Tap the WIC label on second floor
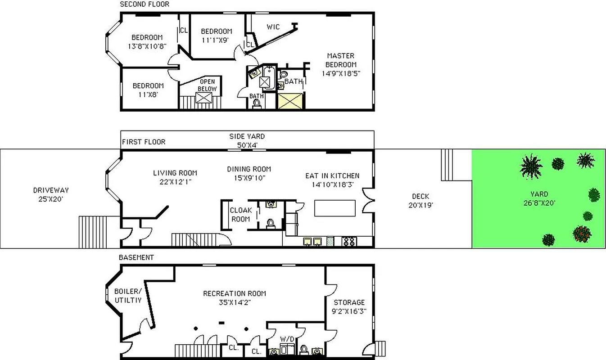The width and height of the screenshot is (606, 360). [273, 27]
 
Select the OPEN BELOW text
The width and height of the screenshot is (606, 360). [208, 85]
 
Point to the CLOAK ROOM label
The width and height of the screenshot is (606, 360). [240, 215]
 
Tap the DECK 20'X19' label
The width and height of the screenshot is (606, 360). [421, 200]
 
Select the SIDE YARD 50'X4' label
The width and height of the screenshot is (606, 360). [247, 140]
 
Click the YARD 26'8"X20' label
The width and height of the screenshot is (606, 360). [539, 198]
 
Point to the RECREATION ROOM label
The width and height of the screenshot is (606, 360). [234, 297]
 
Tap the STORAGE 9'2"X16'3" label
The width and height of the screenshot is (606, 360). [349, 306]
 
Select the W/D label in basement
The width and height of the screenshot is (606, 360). [286, 338]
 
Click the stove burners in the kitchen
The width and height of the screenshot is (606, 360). [349, 241]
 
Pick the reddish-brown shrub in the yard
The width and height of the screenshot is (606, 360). [581, 234]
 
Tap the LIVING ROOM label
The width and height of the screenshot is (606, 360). [175, 177]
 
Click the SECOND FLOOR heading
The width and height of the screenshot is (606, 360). [145, 4]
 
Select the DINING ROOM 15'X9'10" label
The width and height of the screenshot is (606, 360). [249, 173]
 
